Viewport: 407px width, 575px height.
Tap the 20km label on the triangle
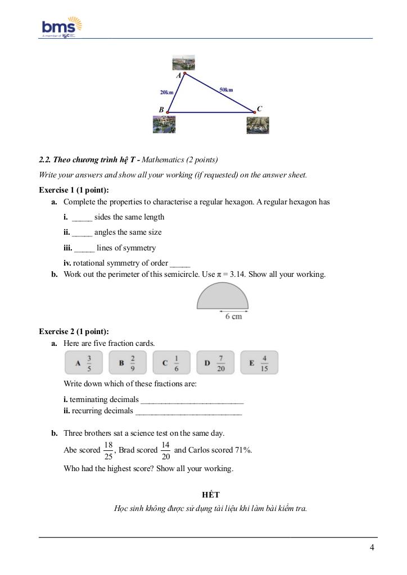(166, 92)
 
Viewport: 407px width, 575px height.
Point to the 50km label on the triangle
(226, 89)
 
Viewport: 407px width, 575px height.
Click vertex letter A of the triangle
(179, 75)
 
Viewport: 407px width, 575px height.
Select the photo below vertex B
(164, 124)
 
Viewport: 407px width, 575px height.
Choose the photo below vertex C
(257, 125)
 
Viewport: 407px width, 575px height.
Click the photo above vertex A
(184, 62)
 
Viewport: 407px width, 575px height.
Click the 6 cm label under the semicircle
(233, 317)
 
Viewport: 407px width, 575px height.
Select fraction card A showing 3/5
(84, 363)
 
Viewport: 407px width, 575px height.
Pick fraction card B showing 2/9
(128, 363)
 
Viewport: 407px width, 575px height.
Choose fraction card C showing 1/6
(171, 363)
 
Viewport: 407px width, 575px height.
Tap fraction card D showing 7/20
(215, 363)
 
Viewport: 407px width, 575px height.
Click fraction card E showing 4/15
(259, 363)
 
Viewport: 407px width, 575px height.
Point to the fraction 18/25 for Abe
(108, 450)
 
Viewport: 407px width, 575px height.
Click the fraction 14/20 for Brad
(165, 450)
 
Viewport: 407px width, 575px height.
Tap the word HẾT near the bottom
(211, 495)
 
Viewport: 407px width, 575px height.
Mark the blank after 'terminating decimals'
(192, 400)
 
